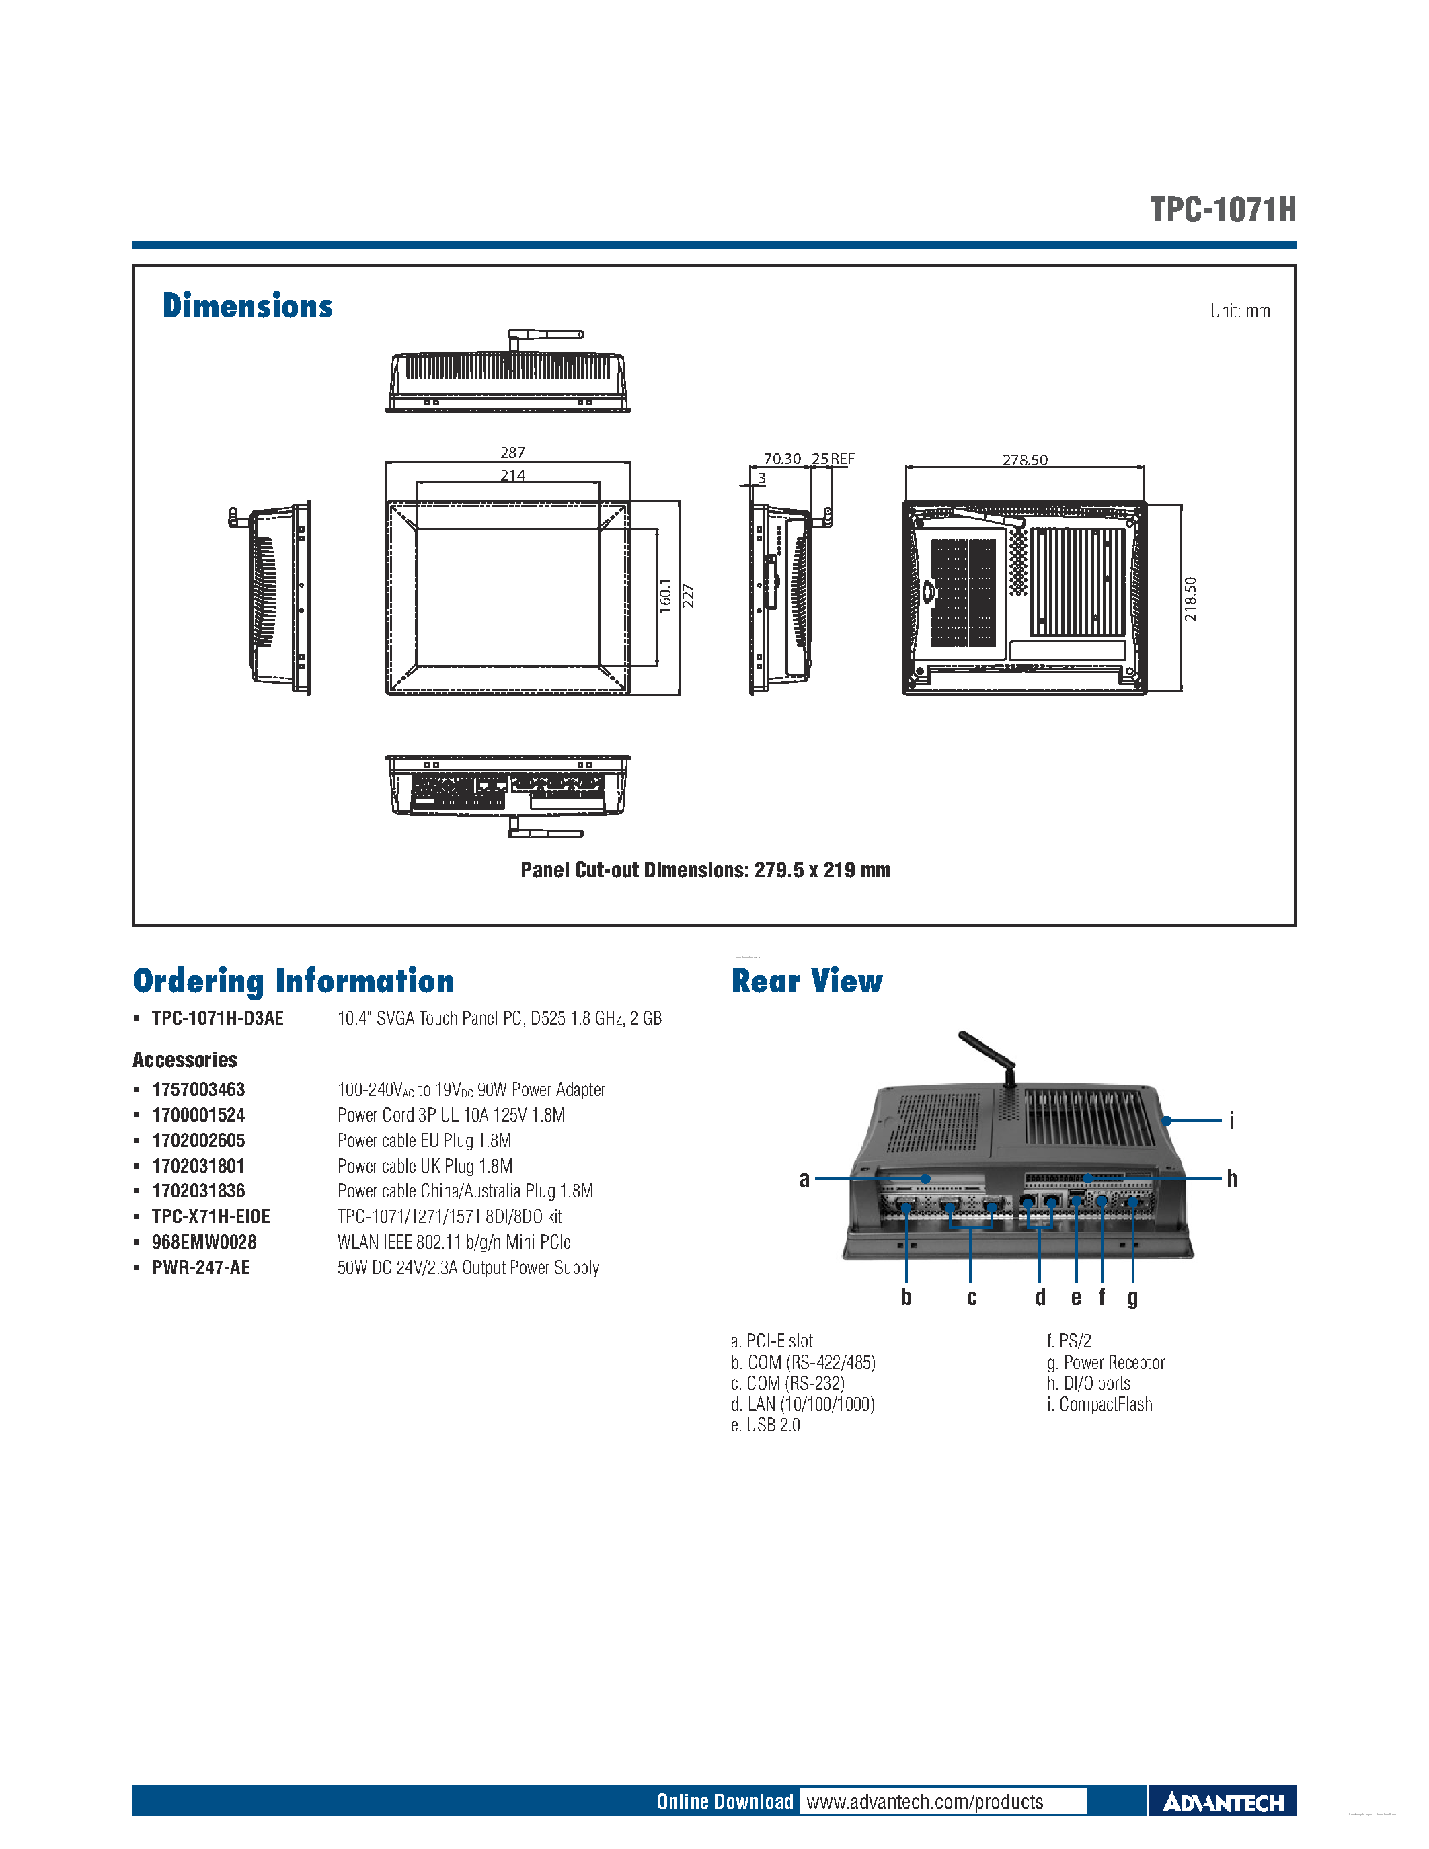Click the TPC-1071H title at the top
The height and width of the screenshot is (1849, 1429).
pos(1222,209)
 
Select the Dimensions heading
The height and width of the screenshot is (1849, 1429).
pos(247,307)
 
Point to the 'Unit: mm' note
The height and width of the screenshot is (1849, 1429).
pos(1239,311)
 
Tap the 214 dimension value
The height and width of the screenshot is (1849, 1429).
pos(512,475)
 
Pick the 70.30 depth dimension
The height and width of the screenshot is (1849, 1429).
pos(781,458)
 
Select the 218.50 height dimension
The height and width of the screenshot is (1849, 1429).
pos(1190,598)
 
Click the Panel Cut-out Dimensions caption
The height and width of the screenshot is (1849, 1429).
pos(705,870)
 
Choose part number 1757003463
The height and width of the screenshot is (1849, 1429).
pos(198,1090)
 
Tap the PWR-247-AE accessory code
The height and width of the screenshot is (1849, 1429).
pos(200,1267)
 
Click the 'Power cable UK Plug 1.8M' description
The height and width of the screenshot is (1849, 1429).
pos(425,1166)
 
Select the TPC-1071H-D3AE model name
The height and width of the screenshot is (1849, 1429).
pos(218,1018)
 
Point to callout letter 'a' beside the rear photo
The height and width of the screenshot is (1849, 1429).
pos(804,1179)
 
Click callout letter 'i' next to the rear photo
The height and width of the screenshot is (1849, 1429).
pos(1232,1120)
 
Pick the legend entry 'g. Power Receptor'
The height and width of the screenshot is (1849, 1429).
pos(1105,1362)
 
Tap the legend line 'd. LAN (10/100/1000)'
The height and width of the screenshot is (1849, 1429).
pos(802,1404)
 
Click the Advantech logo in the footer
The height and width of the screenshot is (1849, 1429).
pos(1222,1803)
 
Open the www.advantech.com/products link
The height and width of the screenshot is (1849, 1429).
pos(925,1801)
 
